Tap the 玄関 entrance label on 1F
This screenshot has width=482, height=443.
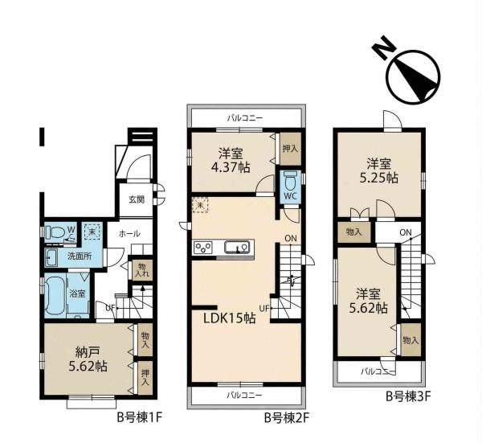click(x=137, y=200)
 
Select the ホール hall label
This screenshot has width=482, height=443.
click(x=129, y=234)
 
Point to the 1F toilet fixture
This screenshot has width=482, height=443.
click(x=54, y=232)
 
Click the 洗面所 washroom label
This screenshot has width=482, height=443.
click(x=80, y=256)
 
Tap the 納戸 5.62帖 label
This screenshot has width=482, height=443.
click(x=88, y=359)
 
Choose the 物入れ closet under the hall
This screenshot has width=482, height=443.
click(x=142, y=270)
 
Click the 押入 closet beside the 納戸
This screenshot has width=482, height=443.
click(x=145, y=378)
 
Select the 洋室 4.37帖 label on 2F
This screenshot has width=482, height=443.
click(x=231, y=160)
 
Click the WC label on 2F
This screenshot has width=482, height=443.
click(x=291, y=195)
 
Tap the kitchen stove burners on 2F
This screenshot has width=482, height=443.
click(x=203, y=247)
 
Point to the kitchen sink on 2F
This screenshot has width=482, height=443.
click(x=236, y=247)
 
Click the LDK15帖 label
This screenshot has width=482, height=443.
click(x=230, y=318)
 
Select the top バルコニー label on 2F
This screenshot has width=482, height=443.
click(x=245, y=118)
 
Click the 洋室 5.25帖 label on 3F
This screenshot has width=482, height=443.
click(x=379, y=171)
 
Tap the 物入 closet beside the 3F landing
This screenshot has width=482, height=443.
click(x=354, y=232)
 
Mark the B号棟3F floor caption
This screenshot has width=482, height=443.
click(x=409, y=396)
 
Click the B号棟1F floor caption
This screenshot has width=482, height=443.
click(x=140, y=418)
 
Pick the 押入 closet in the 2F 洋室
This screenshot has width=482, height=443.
click(x=290, y=149)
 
